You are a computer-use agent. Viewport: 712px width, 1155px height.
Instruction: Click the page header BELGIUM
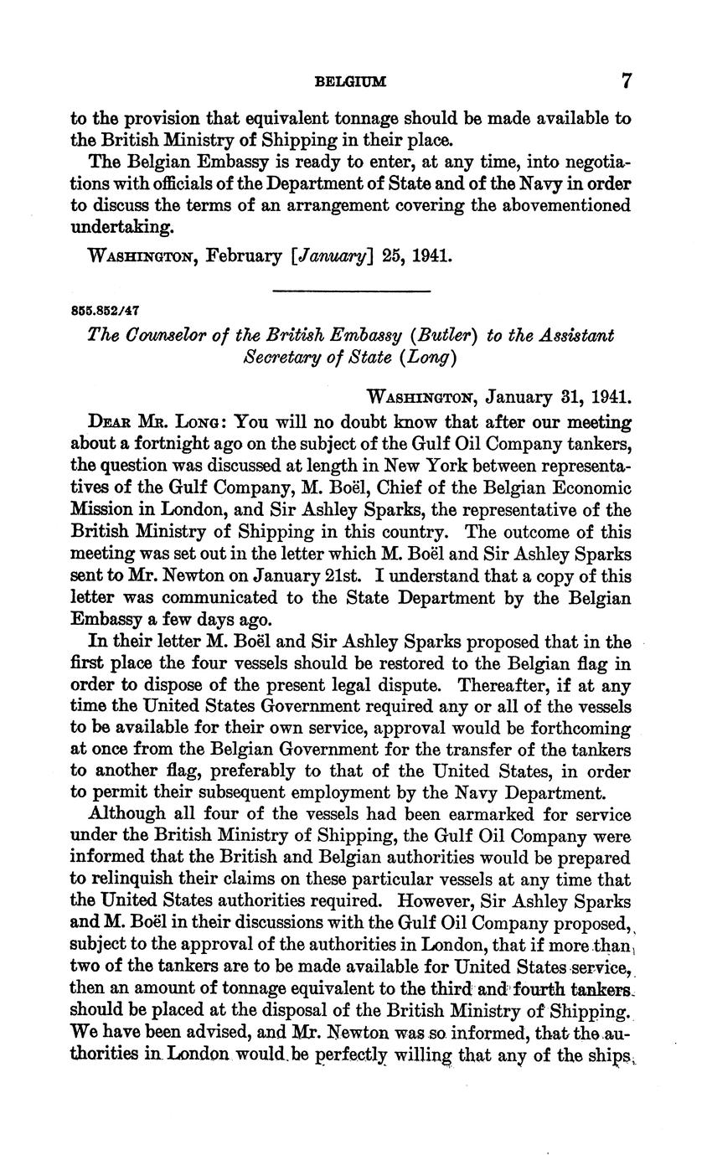coord(350,82)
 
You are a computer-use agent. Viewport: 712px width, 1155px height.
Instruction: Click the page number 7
coord(626,81)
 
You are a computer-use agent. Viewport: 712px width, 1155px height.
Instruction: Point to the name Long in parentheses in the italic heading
coord(431,358)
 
